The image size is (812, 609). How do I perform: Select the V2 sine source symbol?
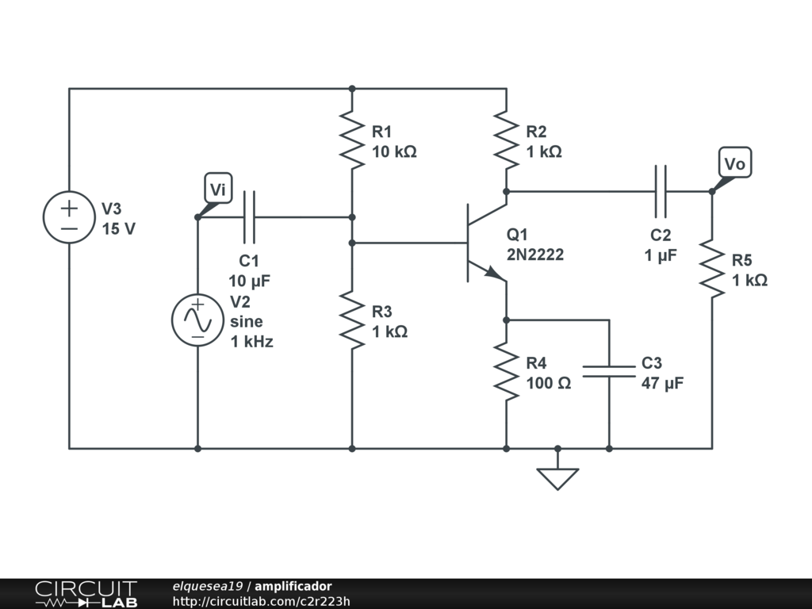[197, 319]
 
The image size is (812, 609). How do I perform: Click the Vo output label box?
[735, 163]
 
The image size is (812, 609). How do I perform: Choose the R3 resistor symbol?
[352, 320]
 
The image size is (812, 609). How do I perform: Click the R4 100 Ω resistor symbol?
[506, 371]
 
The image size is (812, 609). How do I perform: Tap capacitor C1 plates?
[250, 216]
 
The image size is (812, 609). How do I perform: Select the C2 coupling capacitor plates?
[661, 191]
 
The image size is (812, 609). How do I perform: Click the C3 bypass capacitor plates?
[609, 371]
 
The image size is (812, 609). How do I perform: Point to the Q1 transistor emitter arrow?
[493, 272]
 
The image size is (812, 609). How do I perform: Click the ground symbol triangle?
[557, 478]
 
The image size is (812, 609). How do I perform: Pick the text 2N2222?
[535, 255]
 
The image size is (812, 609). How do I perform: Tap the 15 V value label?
[119, 229]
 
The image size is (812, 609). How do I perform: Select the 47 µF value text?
[662, 384]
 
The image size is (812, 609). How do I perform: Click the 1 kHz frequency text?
[251, 342]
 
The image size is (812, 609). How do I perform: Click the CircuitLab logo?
[86, 594]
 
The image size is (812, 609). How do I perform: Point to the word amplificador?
[293, 586]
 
